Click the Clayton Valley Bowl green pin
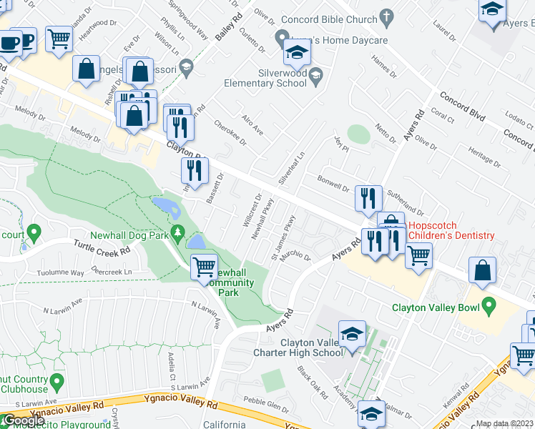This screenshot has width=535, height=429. coord(489,308)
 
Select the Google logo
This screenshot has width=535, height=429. coord(24,420)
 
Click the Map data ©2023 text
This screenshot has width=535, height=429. coord(504,423)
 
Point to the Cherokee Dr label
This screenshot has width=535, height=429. coord(230,132)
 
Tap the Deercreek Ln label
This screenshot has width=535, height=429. coord(113,272)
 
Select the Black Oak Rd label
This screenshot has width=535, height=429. coord(313,383)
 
